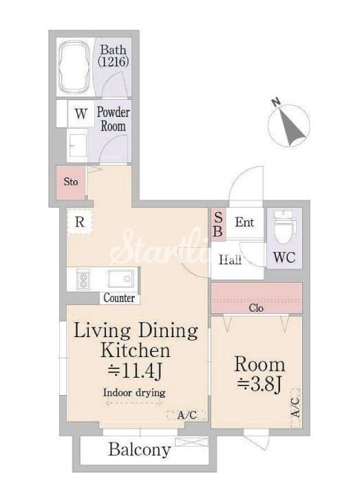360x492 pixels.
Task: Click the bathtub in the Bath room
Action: coord(74,67)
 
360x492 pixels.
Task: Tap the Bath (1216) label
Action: coord(114,56)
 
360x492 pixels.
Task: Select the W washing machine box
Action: coord(81,114)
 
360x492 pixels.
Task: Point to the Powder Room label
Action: coord(113,119)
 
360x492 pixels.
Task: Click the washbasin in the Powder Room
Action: coord(77,145)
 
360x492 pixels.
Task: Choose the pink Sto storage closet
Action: coord(71,182)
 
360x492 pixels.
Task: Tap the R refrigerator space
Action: coord(80,222)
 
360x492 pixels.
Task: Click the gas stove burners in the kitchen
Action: coord(83,279)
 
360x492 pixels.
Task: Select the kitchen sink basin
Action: coord(120,279)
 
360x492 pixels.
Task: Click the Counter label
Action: coord(119,298)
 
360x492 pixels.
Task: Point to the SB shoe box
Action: coord(218,224)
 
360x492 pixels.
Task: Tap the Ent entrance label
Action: coord(244,222)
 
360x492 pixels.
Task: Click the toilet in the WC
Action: coord(284,227)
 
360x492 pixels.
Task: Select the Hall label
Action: coord(230,260)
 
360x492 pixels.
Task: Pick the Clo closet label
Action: coord(256,308)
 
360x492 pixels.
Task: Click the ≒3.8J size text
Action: coord(260,385)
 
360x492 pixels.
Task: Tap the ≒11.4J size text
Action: coord(135,371)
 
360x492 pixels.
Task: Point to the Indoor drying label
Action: coord(134,392)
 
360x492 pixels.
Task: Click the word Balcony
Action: coord(140,449)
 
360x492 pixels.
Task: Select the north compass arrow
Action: coord(292,127)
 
